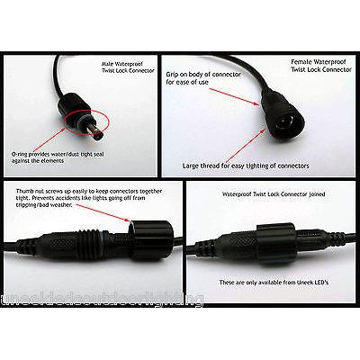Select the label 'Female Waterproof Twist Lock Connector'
(x=319, y=66)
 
